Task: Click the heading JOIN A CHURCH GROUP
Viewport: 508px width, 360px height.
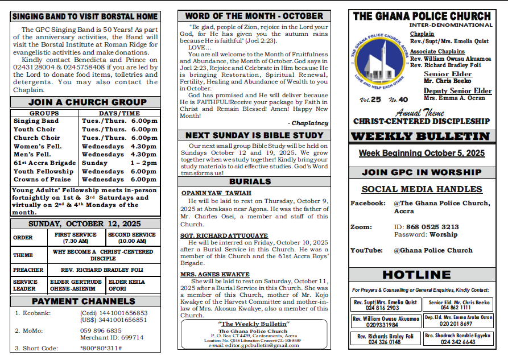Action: pyautogui.click(x=87, y=102)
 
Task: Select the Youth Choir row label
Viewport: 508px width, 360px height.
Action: pyautogui.click(x=35, y=129)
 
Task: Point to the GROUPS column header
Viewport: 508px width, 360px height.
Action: pyautogui.click(x=44, y=113)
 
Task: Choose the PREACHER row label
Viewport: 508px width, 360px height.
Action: pyautogui.click(x=28, y=270)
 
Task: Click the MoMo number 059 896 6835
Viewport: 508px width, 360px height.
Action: pyautogui.click(x=101, y=330)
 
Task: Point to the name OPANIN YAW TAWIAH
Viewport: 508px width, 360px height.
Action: pyautogui.click(x=216, y=193)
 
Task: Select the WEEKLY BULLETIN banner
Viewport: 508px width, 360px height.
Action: pyautogui.click(x=420, y=136)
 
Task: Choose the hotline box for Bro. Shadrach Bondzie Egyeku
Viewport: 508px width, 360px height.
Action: pyautogui.click(x=459, y=340)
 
